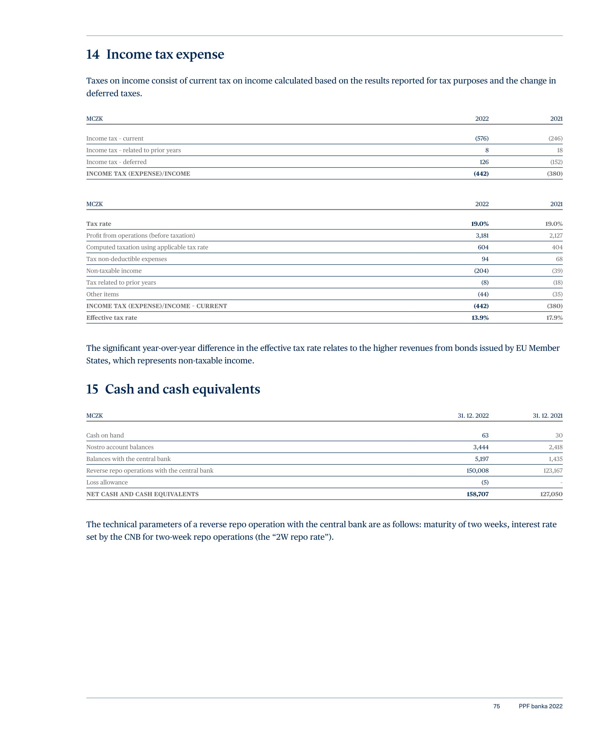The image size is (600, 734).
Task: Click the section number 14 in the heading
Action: click(x=92, y=55)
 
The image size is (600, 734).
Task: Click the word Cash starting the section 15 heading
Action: click(x=119, y=389)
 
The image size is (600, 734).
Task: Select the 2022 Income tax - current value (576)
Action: click(x=482, y=138)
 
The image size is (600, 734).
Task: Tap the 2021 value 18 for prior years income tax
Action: click(x=560, y=150)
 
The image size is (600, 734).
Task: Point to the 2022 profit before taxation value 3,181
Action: click(x=482, y=236)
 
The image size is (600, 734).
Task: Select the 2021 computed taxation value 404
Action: click(x=557, y=247)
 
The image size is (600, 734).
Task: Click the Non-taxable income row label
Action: click(x=114, y=271)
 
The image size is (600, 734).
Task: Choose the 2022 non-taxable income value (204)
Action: click(x=481, y=271)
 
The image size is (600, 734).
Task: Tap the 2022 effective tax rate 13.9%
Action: click(x=480, y=318)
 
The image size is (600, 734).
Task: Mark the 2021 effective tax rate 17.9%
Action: click(x=554, y=318)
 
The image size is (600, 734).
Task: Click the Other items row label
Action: click(x=102, y=294)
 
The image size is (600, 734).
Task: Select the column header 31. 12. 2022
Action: click(x=473, y=416)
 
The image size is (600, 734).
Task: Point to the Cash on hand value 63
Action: click(x=485, y=436)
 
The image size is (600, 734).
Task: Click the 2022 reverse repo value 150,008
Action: click(x=477, y=471)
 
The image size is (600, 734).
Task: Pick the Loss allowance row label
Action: click(x=107, y=483)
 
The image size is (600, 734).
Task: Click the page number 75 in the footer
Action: click(x=496, y=706)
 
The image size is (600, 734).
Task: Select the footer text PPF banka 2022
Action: click(x=540, y=706)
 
